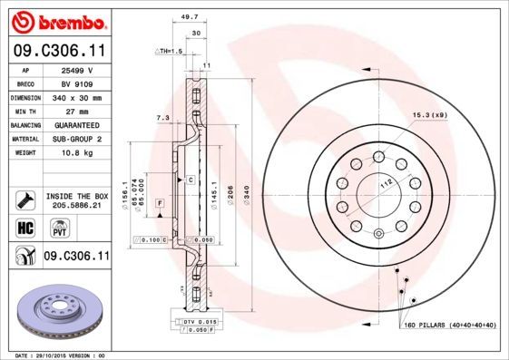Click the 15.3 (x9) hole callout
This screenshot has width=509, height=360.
(430, 115)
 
